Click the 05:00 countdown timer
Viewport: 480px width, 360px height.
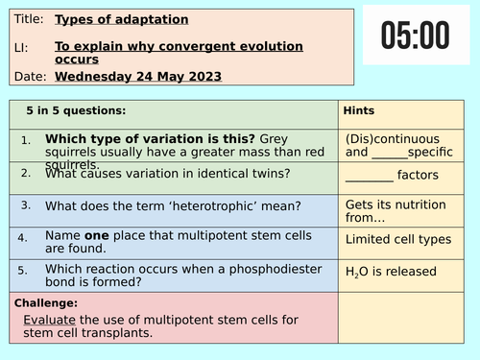414,36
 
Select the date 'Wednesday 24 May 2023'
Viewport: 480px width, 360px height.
138,76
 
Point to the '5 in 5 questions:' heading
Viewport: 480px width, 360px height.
77,111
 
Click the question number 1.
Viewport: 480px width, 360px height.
26,141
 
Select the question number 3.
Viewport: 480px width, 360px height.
26,204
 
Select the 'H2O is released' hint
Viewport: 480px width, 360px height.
391,273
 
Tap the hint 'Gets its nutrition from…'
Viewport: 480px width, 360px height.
389,213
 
